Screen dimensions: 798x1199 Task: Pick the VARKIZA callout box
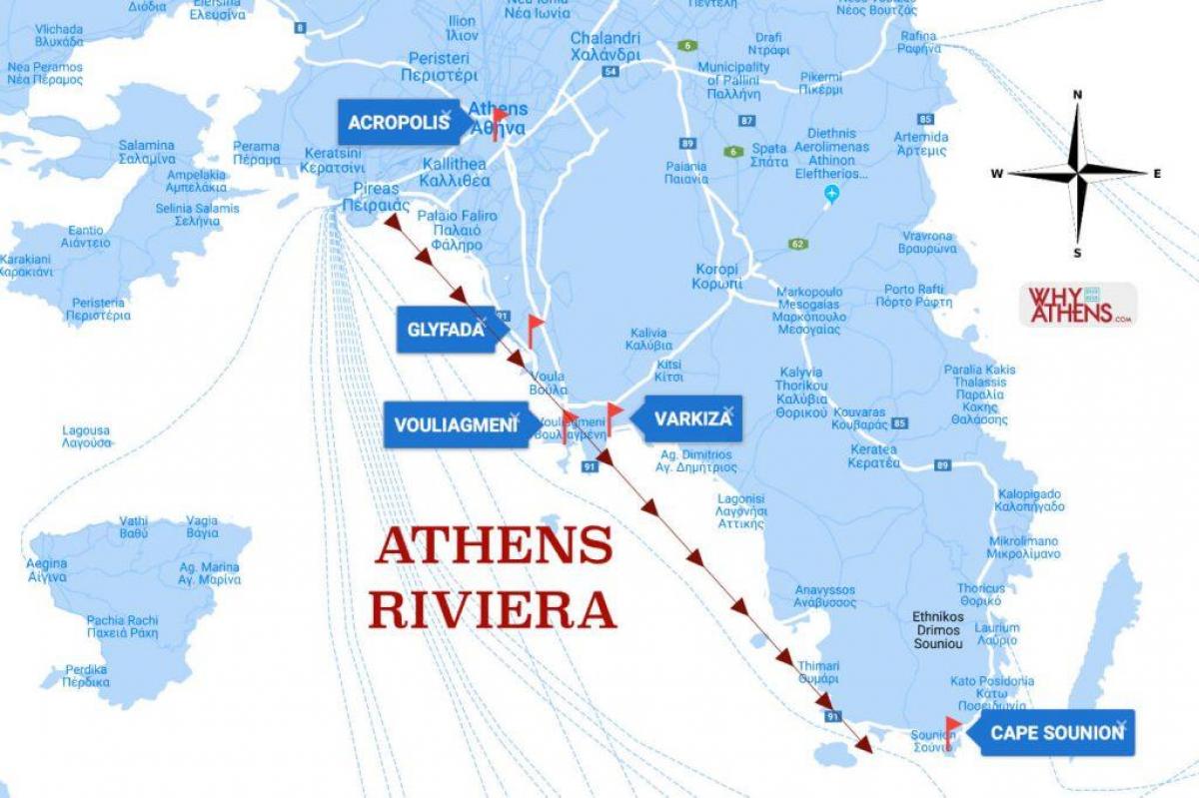[693, 418]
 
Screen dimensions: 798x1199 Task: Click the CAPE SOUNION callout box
[1057, 733]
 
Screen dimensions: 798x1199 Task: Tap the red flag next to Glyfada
[536, 327]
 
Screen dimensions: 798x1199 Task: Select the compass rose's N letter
[1077, 95]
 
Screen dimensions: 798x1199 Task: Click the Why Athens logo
[1077, 305]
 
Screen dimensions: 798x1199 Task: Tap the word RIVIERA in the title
[492, 610]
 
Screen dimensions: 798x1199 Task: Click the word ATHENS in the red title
[494, 545]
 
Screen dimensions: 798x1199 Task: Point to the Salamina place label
[147, 152]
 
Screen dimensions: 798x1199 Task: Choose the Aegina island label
[47, 570]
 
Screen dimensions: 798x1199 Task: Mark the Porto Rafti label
[913, 296]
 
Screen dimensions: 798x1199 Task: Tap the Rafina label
[918, 43]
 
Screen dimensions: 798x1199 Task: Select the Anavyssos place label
[824, 596]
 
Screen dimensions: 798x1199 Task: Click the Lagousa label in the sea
[86, 436]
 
